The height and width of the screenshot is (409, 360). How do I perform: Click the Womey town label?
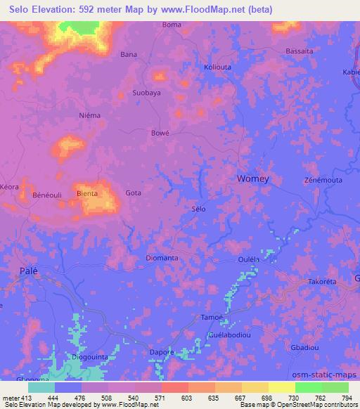coord(252,178)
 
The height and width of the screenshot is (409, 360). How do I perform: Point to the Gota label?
coord(133,193)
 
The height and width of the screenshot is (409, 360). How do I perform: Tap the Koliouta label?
coord(217,67)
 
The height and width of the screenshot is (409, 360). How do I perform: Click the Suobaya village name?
coord(147,93)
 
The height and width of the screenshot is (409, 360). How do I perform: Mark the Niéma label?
coord(91,115)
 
